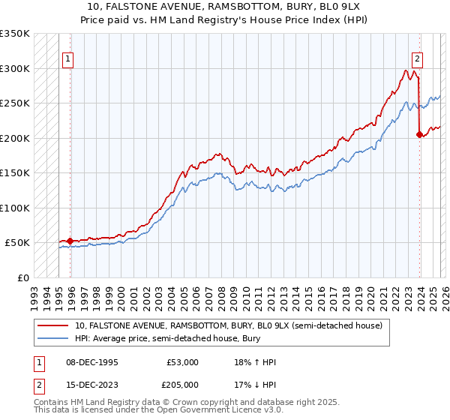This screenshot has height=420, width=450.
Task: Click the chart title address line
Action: point(225,7)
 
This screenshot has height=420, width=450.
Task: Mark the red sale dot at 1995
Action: point(70,241)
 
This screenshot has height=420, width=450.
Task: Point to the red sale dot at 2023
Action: point(418,135)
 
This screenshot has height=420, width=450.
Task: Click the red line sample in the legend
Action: point(52,325)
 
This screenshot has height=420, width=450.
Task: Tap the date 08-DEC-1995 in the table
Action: point(91,362)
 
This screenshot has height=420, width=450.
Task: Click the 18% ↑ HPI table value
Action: point(255,362)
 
